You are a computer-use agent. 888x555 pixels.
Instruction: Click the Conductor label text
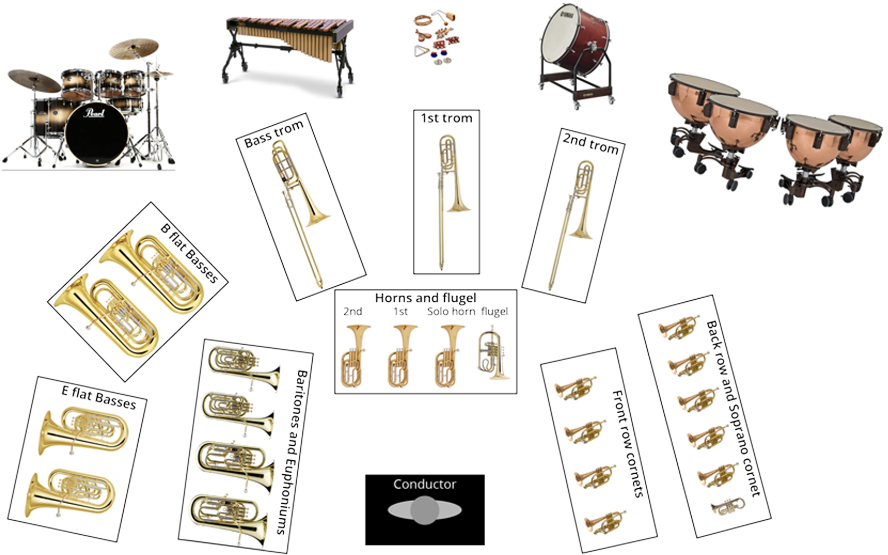[x=425, y=484]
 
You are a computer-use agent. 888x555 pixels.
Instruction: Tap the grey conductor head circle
[x=425, y=510]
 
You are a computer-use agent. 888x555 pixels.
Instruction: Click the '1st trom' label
[x=446, y=118]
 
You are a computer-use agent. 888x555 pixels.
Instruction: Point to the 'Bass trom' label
[x=274, y=134]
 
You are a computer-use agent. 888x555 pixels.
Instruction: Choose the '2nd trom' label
[x=591, y=143]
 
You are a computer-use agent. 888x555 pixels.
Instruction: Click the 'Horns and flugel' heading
[x=426, y=298]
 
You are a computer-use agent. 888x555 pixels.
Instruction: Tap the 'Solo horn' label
[x=451, y=312]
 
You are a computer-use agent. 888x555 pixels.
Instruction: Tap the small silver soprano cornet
[x=729, y=506]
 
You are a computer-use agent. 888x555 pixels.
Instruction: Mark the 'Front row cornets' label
[x=628, y=444]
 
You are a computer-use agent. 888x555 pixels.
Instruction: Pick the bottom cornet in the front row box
[x=605, y=521]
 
